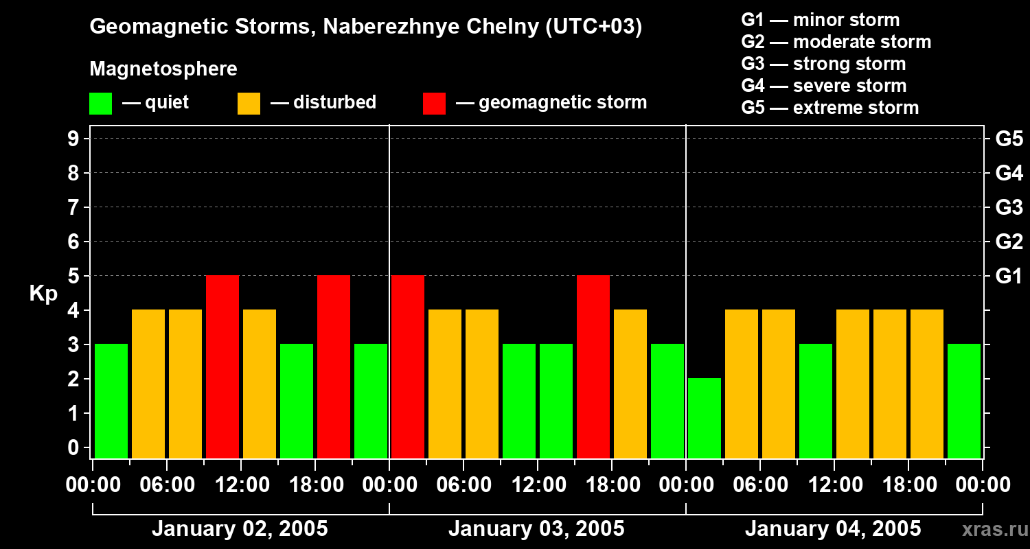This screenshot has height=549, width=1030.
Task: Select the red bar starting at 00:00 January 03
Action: pyautogui.click(x=408, y=366)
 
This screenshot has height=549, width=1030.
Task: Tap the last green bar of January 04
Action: pyautogui.click(x=964, y=401)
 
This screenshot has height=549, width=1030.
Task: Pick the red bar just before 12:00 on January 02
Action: pyautogui.click(x=222, y=366)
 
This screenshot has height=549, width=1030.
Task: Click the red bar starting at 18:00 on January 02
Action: pyautogui.click(x=334, y=366)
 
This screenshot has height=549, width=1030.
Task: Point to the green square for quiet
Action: pyautogui.click(x=100, y=104)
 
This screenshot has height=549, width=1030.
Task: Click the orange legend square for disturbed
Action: pyautogui.click(x=249, y=104)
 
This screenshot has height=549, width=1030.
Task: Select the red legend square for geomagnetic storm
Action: pyautogui.click(x=434, y=104)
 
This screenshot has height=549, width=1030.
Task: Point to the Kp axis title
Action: pyautogui.click(x=43, y=294)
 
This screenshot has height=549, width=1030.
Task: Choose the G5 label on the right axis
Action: pyautogui.click(x=1009, y=139)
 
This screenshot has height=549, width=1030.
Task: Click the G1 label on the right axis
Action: pyautogui.click(x=1009, y=277)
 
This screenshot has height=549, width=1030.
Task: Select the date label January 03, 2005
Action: pyautogui.click(x=536, y=529)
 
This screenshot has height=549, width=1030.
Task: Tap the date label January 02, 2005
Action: pyautogui.click(x=240, y=529)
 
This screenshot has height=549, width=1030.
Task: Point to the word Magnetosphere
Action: pyautogui.click(x=163, y=69)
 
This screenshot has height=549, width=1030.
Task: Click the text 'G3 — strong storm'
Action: pyautogui.click(x=823, y=64)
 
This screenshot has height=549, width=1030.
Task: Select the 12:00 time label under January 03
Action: pyautogui.click(x=537, y=485)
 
